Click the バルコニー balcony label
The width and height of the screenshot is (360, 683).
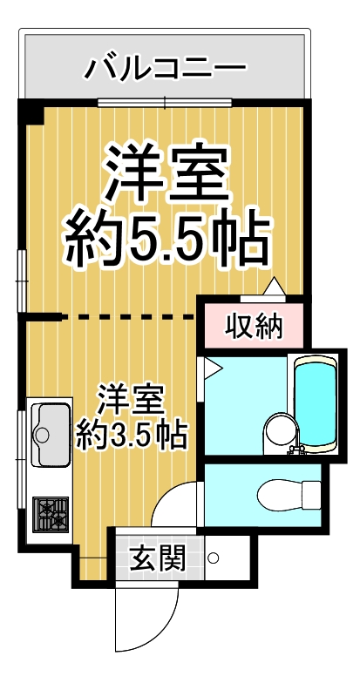click(x=165, y=67)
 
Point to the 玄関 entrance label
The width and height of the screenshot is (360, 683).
click(x=158, y=557)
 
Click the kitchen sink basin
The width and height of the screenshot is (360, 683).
click(x=50, y=433)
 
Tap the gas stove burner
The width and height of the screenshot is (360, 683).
click(x=50, y=515)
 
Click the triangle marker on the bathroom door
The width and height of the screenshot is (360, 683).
click(x=210, y=368)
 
